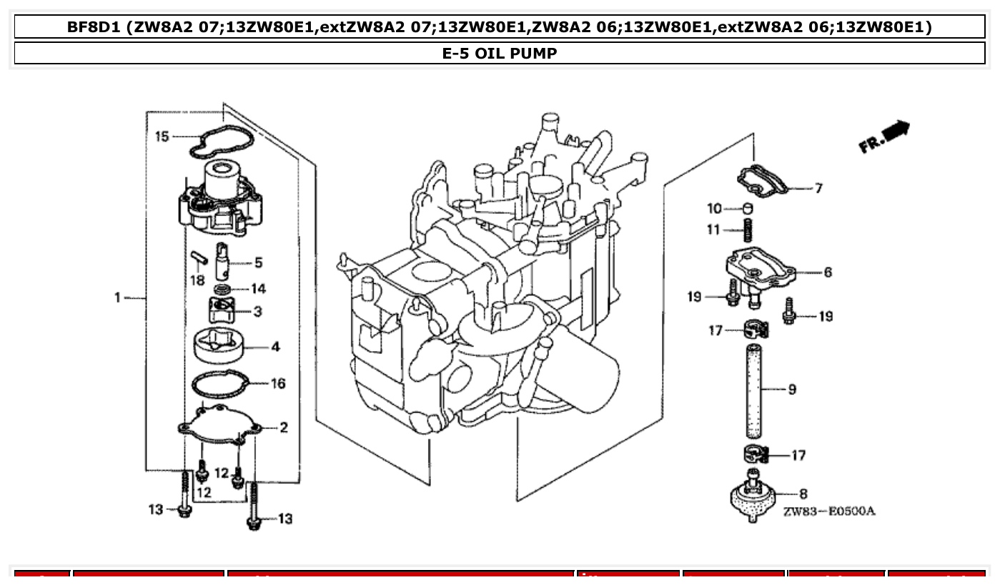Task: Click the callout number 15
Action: click(x=162, y=136)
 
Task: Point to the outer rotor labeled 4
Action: click(x=218, y=347)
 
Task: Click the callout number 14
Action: click(x=257, y=289)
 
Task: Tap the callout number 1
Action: click(x=118, y=297)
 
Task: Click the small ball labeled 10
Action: click(x=748, y=208)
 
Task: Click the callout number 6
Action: click(x=827, y=272)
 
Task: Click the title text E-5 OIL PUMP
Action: click(x=500, y=54)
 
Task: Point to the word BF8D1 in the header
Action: click(x=94, y=27)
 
